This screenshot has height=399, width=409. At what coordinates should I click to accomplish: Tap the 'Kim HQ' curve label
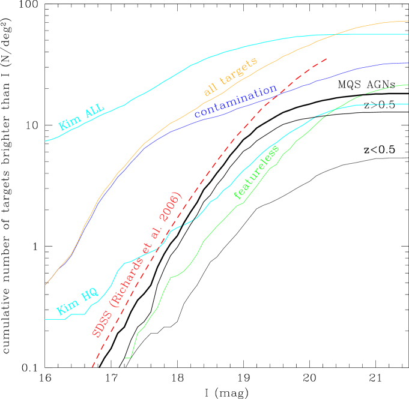pos(77,302)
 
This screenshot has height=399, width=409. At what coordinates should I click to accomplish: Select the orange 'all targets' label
pos(231,77)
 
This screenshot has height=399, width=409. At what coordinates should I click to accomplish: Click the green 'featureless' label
pos(256,172)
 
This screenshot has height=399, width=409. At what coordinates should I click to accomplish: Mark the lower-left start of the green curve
pos(126,358)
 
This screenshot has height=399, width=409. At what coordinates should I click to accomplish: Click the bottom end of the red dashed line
pos(92,367)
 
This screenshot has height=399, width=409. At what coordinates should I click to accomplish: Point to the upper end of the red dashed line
pos(327,58)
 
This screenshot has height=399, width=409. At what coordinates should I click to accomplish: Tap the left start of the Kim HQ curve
pos(46,319)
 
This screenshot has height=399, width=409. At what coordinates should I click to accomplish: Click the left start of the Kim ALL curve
pos(46,141)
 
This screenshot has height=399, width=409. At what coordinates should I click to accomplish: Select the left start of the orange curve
pos(46,285)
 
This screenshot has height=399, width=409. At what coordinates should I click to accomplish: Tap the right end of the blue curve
pos(408,62)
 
